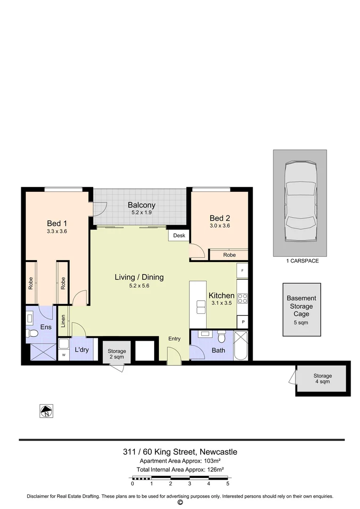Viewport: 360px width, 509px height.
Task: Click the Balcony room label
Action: (x=141, y=205)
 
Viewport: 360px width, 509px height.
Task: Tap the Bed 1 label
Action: (x=57, y=223)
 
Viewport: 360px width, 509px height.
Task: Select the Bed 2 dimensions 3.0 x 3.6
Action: (x=220, y=226)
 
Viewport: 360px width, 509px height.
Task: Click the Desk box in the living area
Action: (x=179, y=235)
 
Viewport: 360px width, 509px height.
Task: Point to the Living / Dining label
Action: (x=139, y=277)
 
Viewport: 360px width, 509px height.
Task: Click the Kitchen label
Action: (x=221, y=296)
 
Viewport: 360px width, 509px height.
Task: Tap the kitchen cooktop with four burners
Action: (x=242, y=298)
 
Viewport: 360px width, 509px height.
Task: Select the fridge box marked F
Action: (x=242, y=271)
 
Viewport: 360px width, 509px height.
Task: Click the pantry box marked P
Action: (x=242, y=321)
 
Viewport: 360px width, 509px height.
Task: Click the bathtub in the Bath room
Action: (x=241, y=345)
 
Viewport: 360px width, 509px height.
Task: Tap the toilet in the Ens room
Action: (x=33, y=334)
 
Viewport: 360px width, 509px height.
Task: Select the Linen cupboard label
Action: (x=63, y=320)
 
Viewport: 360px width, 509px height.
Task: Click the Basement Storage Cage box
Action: (x=302, y=310)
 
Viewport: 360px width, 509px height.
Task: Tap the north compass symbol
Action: (x=46, y=411)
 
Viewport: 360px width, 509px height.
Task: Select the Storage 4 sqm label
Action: (x=323, y=378)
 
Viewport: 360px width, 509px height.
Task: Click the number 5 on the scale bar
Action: (x=228, y=484)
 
